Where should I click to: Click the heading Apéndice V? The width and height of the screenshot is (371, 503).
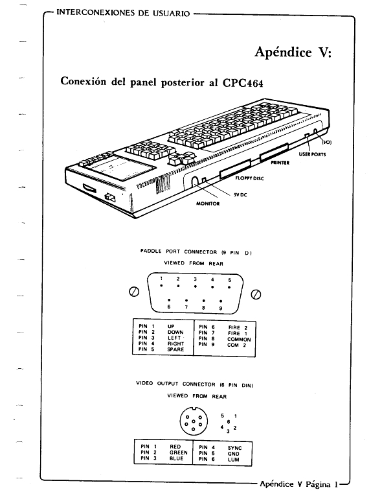coord(293,53)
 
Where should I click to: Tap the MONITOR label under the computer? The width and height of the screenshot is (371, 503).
coord(208,204)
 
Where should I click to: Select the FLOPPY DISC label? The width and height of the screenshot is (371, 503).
coord(249,178)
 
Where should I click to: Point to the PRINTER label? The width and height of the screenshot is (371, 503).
coord(280,163)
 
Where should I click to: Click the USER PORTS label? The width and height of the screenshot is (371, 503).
coord(312,154)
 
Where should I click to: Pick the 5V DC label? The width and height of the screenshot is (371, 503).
coord(240,194)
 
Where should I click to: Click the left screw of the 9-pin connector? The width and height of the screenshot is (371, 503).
coord(134,292)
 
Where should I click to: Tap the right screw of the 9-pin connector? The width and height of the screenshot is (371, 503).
coord(256,294)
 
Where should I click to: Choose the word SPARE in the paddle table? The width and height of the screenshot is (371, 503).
coord(175,349)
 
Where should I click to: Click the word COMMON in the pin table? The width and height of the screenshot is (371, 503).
coord(239,339)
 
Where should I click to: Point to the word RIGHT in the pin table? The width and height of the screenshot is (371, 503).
coord(175,344)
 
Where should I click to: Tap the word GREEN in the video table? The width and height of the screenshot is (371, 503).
coord(179,452)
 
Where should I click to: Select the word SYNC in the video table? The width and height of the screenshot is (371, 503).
coord(234,448)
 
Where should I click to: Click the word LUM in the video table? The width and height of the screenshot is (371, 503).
coord(233,460)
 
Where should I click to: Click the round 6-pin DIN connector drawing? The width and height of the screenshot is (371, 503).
coord(194,421)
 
